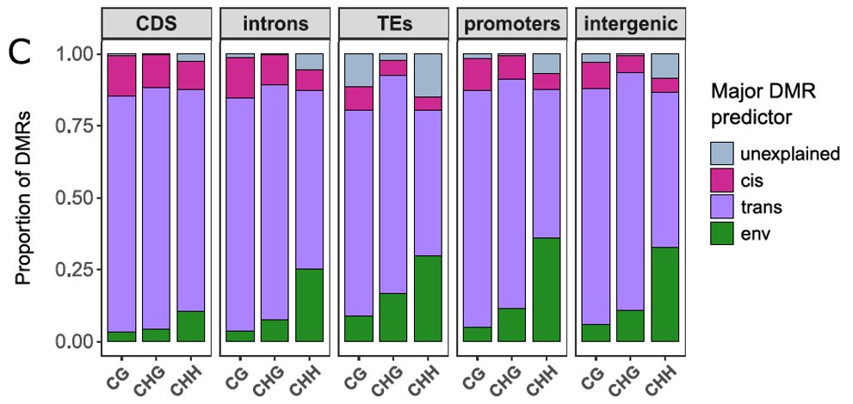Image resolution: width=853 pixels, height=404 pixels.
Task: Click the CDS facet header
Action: coord(156,24)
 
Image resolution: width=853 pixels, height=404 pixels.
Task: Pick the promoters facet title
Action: coord(510,24)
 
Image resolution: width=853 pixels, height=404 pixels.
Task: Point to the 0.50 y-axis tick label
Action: coord(73,198)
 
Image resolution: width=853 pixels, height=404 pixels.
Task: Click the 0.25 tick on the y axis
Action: coord(73,270)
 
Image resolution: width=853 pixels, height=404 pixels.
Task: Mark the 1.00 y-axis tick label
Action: coord(73,53)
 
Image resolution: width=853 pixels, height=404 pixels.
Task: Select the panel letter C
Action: coord(22,53)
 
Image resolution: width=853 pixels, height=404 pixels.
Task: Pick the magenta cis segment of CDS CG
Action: coord(121,76)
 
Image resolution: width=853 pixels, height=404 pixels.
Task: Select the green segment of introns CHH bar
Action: coord(311,305)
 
